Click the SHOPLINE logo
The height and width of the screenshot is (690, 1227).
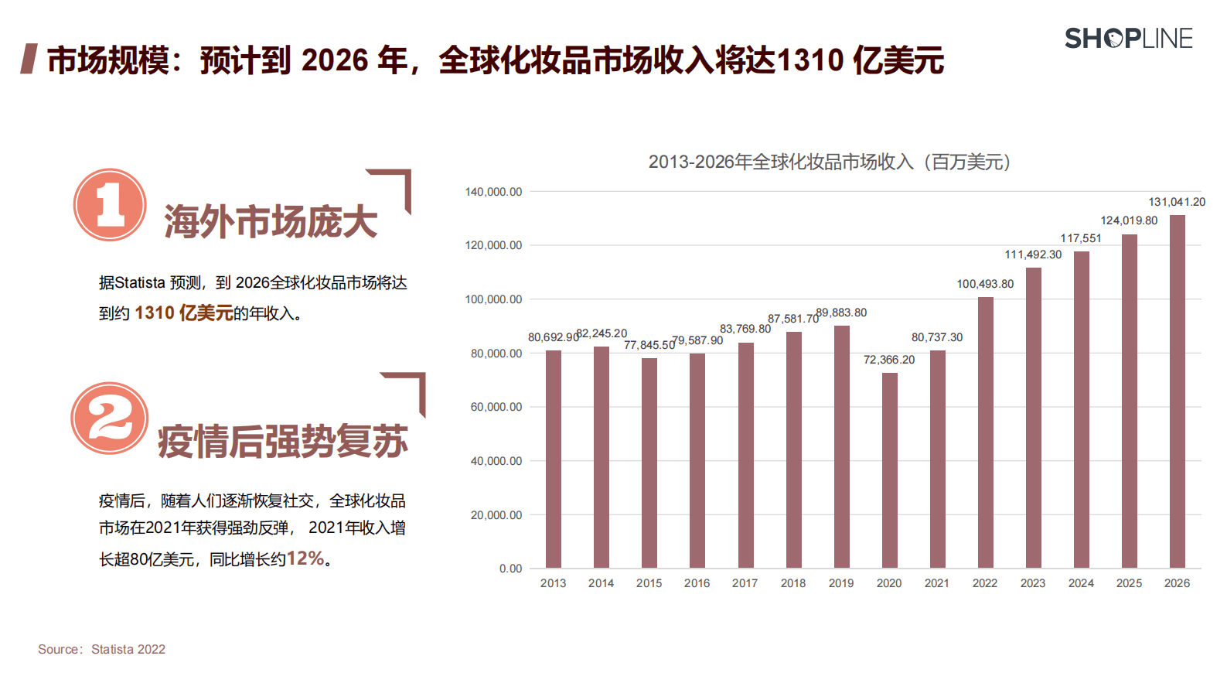[x=1128, y=38]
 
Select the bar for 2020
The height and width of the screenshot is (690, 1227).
[x=890, y=470]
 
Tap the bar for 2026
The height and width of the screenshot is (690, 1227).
[x=1177, y=391]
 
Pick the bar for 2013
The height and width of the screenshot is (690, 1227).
[x=554, y=459]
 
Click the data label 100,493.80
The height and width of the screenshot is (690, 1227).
[x=985, y=284]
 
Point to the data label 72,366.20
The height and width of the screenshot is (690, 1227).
[x=889, y=360]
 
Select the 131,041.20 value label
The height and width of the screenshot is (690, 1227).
[x=1177, y=202]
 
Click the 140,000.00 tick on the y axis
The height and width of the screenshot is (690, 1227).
[x=493, y=192]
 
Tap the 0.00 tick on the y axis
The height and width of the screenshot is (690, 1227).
[x=510, y=569]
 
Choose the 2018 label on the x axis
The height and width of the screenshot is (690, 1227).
[x=793, y=583]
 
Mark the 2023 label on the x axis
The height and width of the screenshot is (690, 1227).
[x=1033, y=583]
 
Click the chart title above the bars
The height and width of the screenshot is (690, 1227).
[x=830, y=162]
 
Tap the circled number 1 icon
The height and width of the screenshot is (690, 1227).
[x=110, y=205]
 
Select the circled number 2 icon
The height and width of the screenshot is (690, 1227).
[x=109, y=418]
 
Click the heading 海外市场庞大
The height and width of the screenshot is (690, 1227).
[x=271, y=222]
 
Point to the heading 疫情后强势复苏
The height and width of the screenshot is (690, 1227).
[x=283, y=442]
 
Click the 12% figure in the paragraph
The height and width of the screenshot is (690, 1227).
[x=305, y=558]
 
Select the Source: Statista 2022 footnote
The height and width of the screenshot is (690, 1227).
[x=101, y=650]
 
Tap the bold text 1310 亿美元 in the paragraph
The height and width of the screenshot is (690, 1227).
[x=184, y=313]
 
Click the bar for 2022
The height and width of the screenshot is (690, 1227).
[x=986, y=432]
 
